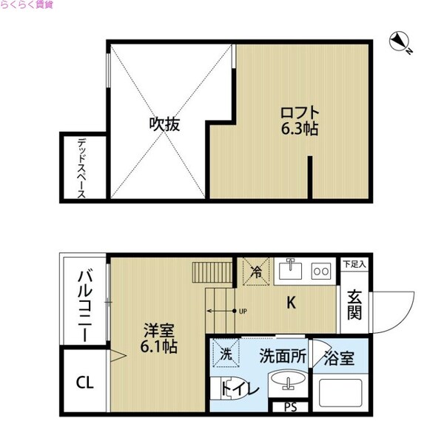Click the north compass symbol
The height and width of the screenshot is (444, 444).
pos(400,41)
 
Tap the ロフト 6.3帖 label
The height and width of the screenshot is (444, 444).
pos(299,121)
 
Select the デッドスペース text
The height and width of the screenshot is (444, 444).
pos(81,168)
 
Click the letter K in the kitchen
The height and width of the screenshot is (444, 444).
pos(292,302)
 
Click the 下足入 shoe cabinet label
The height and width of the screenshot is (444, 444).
pos(354,263)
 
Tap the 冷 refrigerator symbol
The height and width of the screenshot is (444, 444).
pos(256,272)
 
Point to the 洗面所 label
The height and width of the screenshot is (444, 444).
pos(282,355)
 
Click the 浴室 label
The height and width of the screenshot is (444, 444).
pos(338,359)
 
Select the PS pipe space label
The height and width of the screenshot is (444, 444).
pos(289,406)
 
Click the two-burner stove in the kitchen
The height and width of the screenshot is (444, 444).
pos(322,271)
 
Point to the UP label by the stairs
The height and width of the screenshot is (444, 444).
pos(242,312)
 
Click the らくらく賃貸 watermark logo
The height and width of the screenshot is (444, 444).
pos(32,5)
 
